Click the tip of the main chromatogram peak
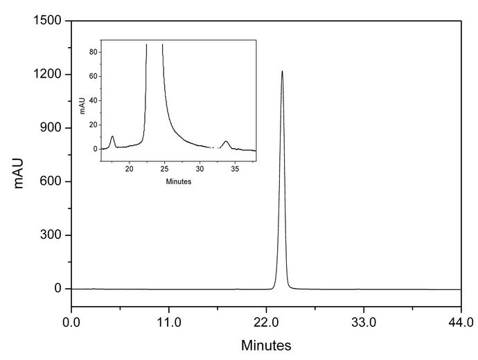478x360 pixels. coord(282,71)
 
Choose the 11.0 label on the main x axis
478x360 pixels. coord(168,322)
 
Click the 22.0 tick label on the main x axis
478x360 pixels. coord(266,322)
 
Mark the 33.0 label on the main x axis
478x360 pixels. coord(364,322)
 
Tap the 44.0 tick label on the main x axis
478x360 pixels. coord(461,322)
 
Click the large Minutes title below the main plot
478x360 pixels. coord(266,345)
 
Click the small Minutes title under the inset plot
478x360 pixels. coord(179,182)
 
